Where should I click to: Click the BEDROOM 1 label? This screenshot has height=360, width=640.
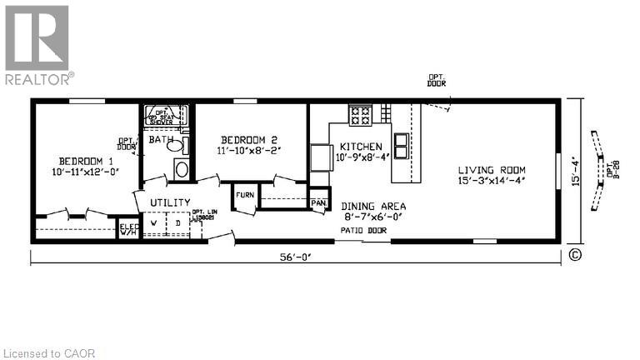86,161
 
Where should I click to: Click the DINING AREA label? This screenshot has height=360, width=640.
372,206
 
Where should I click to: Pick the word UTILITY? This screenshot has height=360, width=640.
170,202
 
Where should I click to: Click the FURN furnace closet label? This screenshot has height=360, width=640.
244,195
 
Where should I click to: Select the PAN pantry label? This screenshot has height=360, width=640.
317,202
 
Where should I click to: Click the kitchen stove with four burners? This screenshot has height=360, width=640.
360,115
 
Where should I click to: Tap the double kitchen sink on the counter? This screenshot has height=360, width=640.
401,147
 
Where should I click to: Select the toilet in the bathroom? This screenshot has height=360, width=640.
176,145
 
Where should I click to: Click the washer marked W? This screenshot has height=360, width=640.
153,224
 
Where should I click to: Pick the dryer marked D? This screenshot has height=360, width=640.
177,224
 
